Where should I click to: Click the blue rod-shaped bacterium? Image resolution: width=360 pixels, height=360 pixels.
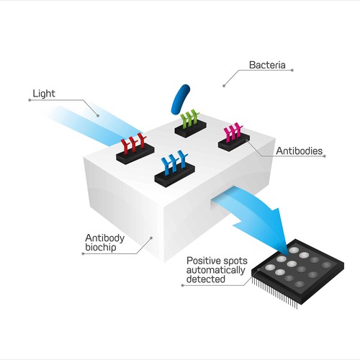coord(180,99)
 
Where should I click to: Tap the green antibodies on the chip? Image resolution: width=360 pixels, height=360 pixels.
coord(189,117)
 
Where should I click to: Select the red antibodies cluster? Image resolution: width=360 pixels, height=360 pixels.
coord(133,143)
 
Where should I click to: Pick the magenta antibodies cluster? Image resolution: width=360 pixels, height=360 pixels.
coord(233,132)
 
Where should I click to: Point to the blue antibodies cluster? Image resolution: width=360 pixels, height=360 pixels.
coord(174,162)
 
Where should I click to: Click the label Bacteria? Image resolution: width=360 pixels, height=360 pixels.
coord(267,65)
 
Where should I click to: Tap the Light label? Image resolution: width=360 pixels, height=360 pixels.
coord(44,94)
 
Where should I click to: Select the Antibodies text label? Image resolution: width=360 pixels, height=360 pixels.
coord(300,151)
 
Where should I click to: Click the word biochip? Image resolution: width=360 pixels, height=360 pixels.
coord(101,248)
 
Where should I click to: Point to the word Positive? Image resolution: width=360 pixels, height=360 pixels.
coord(204,261)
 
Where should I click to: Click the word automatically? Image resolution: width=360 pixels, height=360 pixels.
coord(216,270)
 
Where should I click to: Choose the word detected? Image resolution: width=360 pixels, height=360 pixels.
coord(206,279)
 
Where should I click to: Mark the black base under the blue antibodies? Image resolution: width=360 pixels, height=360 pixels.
coord(174,176)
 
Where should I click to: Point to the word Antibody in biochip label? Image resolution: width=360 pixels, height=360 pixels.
coord(104,238)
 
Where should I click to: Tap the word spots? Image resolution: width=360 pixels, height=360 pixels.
coord(235,261)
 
